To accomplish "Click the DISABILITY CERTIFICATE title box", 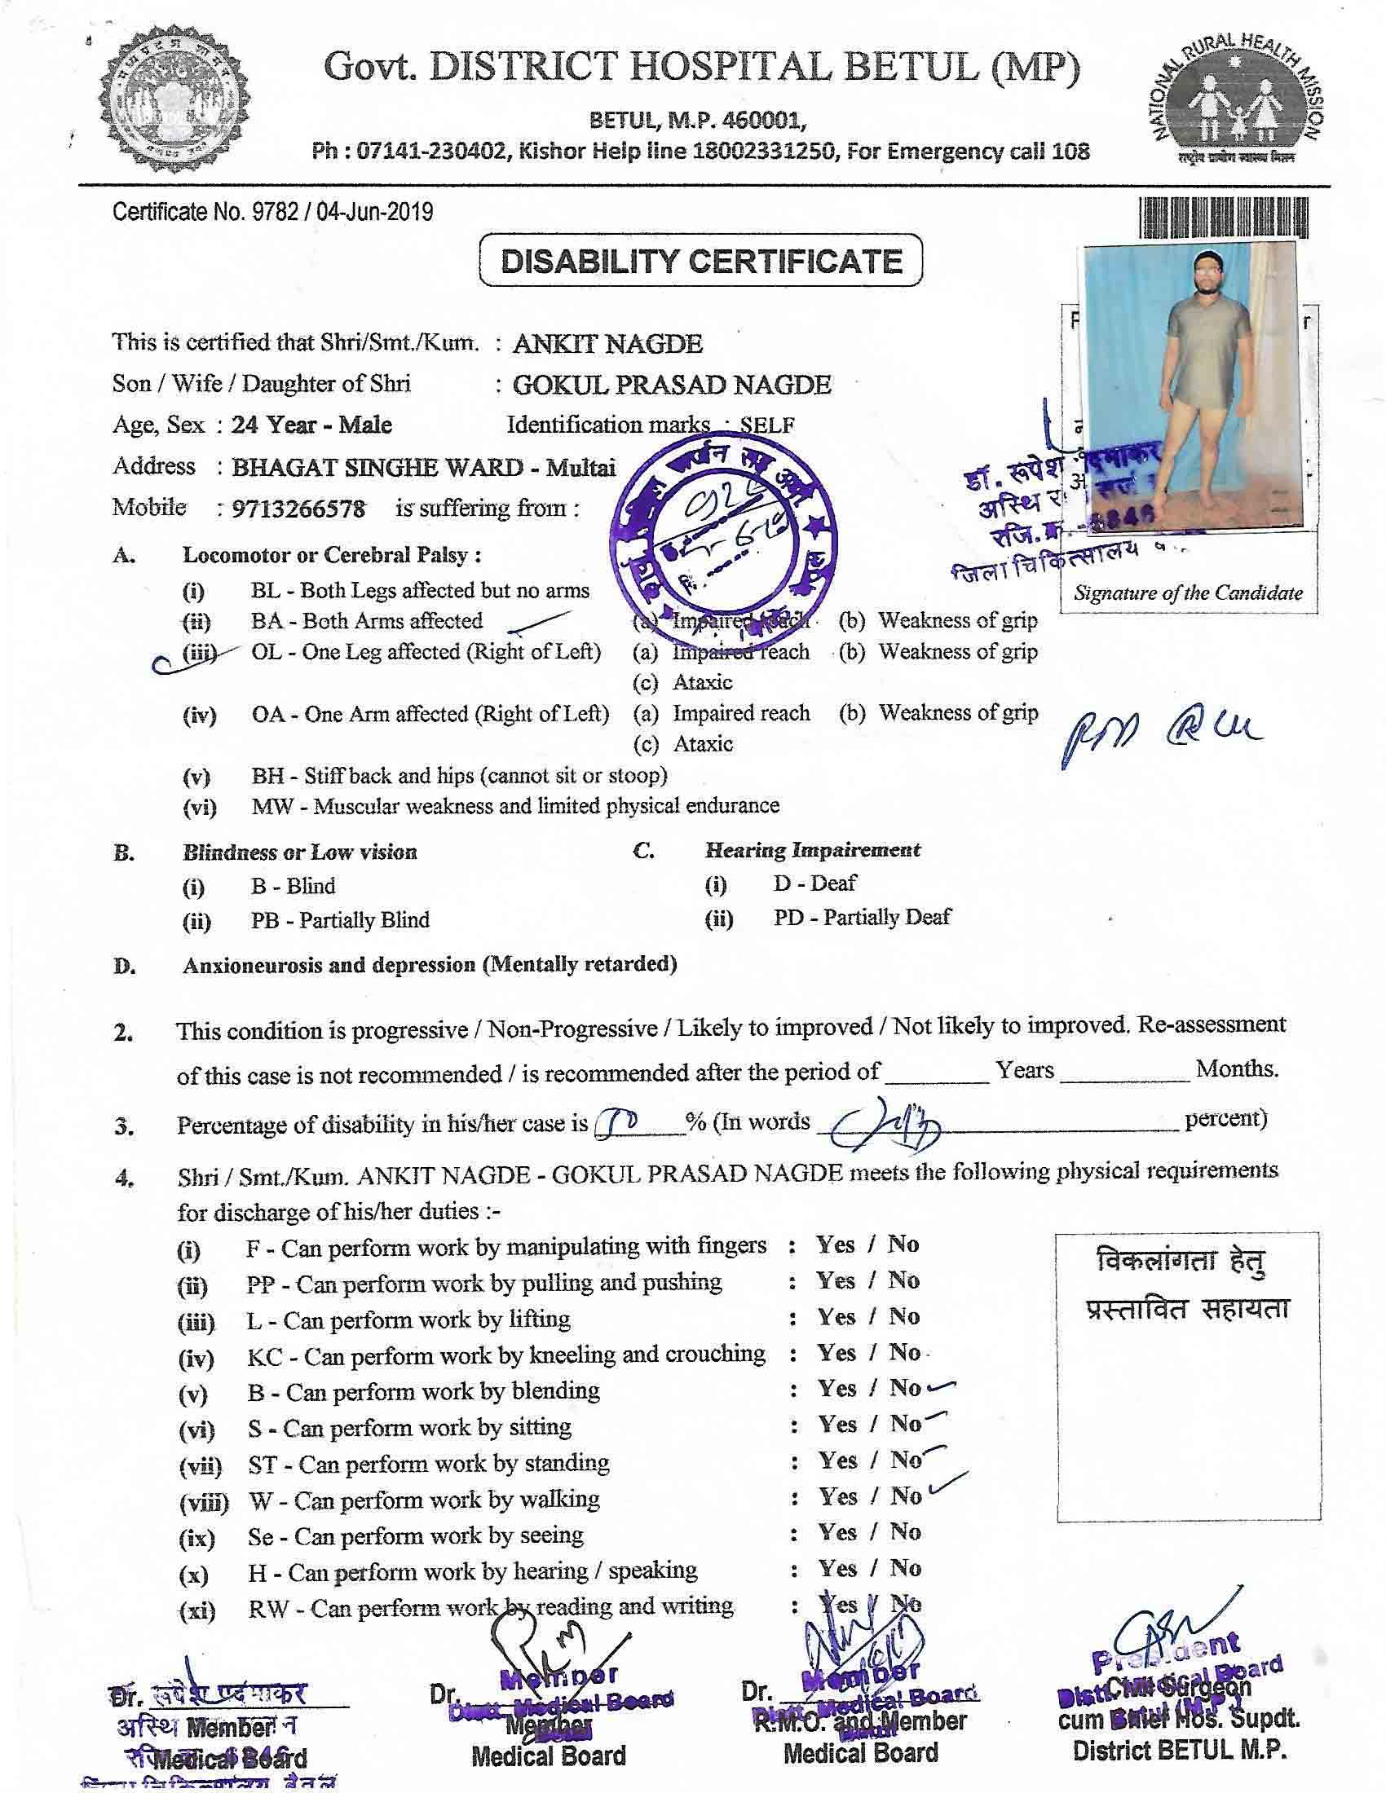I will (700, 261).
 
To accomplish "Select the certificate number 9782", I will (272, 213).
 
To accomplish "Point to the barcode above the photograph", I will (1225, 220).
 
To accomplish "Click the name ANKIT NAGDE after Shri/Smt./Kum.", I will (607, 343).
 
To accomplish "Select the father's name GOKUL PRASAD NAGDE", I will (672, 384).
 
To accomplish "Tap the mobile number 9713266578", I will (299, 509).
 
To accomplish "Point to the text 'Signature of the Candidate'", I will (1187, 593).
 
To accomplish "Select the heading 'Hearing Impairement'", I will (812, 850).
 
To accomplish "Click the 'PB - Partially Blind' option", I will (340, 919).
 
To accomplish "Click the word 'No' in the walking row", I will (907, 1496).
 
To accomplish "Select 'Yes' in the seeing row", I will (837, 1532).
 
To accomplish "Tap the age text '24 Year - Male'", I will (311, 425).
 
